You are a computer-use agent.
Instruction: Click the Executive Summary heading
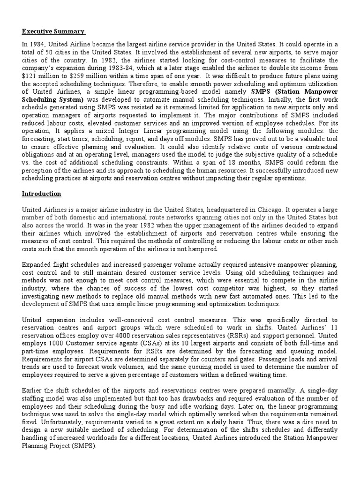[53, 32]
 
